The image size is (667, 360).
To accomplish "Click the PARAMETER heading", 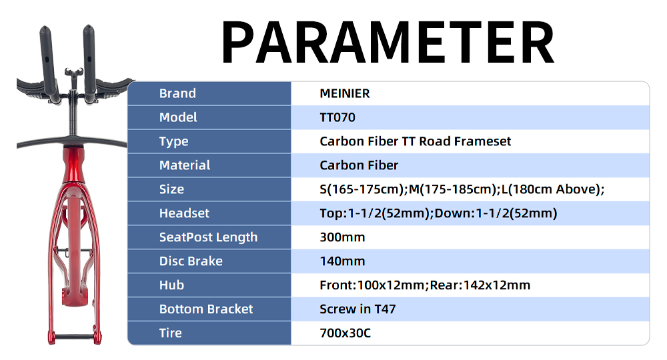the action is click(388, 42).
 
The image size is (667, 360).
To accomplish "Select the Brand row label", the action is click(177, 93).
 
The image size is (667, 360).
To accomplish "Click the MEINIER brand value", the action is click(345, 93).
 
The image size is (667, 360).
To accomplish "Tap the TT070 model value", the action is click(338, 117).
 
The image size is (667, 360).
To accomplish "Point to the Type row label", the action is click(173, 141).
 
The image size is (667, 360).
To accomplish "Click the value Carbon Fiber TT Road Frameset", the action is click(415, 141).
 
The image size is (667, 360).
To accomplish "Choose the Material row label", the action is click(185, 165).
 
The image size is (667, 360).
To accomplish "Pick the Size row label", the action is click(171, 189).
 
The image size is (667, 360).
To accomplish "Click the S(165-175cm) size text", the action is click(362, 189).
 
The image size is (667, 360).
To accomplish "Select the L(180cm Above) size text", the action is click(551, 189).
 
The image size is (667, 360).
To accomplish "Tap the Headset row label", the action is click(184, 213).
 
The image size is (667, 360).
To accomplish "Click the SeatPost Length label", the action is click(208, 237).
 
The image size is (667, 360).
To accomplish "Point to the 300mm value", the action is click(342, 237).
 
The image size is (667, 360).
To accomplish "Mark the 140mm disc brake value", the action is click(342, 261).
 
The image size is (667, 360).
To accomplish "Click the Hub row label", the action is click(171, 285).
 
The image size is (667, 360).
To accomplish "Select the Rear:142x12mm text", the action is click(480, 285).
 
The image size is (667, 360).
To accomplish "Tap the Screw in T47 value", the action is click(358, 309).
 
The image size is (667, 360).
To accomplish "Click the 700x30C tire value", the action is click(346, 333).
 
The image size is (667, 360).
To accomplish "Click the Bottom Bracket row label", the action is click(206, 309).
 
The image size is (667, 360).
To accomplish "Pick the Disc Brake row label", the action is click(191, 261).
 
